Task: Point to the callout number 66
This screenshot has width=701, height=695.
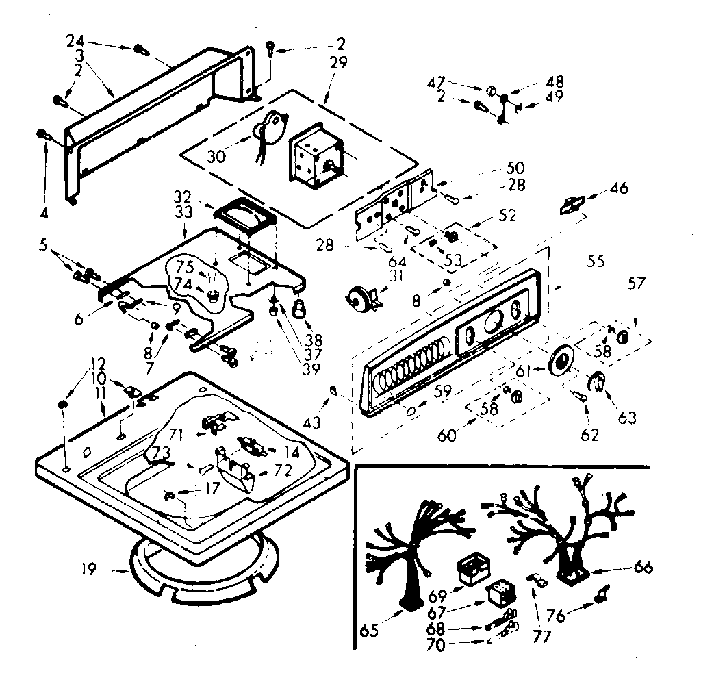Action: (x=643, y=568)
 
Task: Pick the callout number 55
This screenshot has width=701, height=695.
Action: (x=596, y=261)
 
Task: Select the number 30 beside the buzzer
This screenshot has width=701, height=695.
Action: (x=216, y=157)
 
